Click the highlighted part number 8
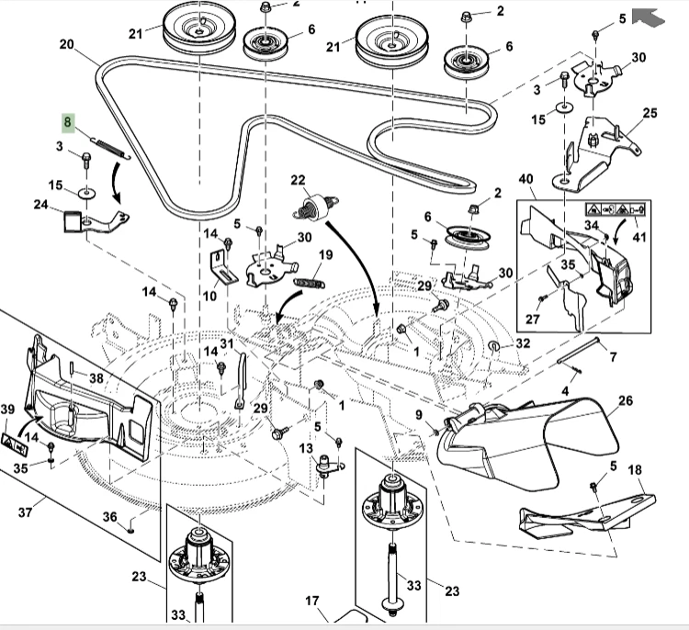(x=66, y=121)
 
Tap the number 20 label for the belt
(x=66, y=44)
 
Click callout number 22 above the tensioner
(x=298, y=179)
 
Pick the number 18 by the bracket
(x=634, y=470)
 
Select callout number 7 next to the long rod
(x=613, y=355)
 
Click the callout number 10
(x=209, y=296)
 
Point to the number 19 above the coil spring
(x=326, y=255)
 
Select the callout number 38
(x=96, y=377)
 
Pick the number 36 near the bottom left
(x=109, y=517)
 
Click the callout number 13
(x=305, y=447)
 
